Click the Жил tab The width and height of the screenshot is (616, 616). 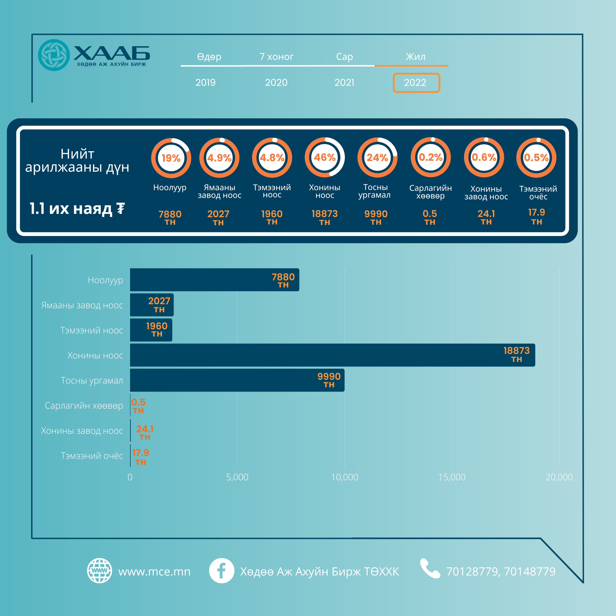coord(415,57)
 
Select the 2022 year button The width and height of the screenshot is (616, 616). coord(416,83)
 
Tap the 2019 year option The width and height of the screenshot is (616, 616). coord(205,83)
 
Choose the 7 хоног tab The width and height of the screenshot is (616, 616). coord(276,57)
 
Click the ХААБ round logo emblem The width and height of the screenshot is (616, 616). coord(54,55)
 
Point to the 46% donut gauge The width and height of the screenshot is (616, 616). coord(325,157)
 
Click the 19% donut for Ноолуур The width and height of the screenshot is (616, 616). coord(171,158)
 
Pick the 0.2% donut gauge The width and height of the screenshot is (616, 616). coord(430,157)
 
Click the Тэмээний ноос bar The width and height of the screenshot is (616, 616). coord(151,330)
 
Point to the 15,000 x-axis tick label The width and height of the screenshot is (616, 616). coord(452,477)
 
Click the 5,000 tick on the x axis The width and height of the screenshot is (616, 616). coord(237,477)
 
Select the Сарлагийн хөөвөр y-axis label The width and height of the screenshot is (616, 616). coord(84,406)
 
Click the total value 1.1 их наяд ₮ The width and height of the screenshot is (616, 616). coord(77,209)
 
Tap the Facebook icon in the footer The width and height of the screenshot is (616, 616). coord(221,571)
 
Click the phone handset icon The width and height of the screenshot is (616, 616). coord(430,568)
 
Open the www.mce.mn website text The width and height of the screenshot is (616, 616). coord(154,571)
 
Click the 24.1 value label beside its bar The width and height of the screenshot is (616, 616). coord(145,429)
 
